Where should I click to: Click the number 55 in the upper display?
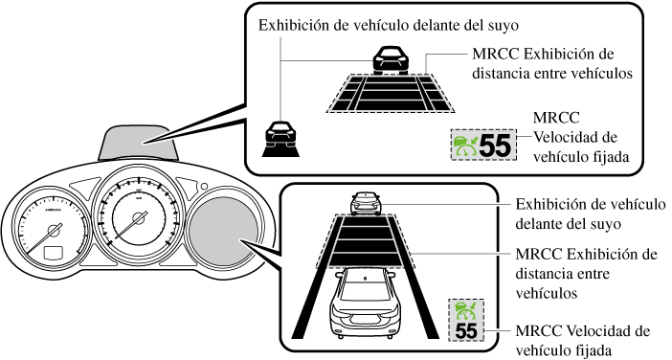pos(495,146)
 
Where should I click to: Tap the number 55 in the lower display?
pos(466,331)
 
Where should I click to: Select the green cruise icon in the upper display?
pos(465,146)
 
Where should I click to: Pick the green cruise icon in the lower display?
pos(466,311)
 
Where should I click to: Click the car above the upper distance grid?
pos(391,59)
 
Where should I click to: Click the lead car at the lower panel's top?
pos(366,203)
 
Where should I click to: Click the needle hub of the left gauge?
pos(55,231)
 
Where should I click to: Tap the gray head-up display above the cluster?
pos(139,143)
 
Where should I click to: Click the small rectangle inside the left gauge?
pos(54,253)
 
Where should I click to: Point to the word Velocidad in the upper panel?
pos(575,137)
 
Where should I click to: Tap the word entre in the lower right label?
pos(591,274)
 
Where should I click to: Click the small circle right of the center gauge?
pos(204,187)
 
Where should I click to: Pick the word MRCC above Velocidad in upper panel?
pos(556,118)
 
